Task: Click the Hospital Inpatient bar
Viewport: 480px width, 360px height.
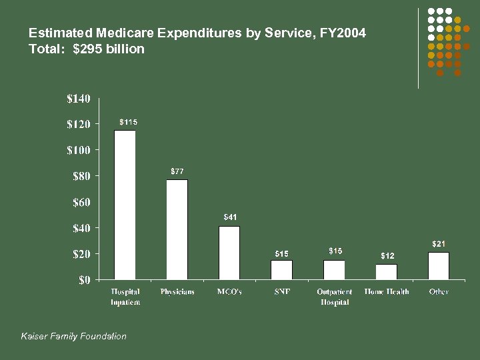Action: pos(125,205)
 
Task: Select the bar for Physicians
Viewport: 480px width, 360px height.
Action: pos(177,229)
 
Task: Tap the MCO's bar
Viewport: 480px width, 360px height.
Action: pos(229,253)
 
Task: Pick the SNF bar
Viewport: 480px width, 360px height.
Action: pos(281,269)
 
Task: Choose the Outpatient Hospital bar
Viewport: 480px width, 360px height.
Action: pos(334,269)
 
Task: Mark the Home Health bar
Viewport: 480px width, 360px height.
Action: pos(386,271)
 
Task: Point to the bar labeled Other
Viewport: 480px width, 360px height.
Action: pos(439,265)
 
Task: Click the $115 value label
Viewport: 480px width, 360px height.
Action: pos(129,122)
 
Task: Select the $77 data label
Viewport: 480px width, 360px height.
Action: pos(177,171)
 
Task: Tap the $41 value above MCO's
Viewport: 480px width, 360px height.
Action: pos(229,217)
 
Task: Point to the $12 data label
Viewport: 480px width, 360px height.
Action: pos(387,256)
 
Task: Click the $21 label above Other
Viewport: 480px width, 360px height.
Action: pos(439,244)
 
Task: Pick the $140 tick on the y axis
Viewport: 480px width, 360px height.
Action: pos(78,99)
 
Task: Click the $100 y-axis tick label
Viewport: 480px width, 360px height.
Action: pos(78,150)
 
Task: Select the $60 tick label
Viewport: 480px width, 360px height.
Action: pos(81,202)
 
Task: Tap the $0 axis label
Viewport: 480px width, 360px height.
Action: pos(85,280)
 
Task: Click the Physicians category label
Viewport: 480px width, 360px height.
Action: pos(177,292)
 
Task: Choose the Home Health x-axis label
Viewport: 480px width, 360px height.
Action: pos(387,292)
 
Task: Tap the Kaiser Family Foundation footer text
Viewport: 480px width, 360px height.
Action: pos(74,336)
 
